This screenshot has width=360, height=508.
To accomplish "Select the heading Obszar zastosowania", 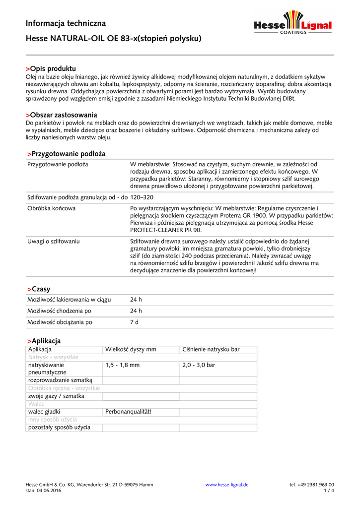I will tap(61, 115).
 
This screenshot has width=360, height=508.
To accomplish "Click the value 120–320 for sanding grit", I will tap(142, 197).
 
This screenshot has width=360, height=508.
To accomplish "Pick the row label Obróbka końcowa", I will tap(52, 208).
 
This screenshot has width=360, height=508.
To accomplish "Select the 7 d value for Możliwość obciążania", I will tap(134, 322).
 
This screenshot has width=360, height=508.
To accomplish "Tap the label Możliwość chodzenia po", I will tap(60, 311).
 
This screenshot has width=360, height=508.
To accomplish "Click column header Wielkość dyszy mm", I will tap(131, 350).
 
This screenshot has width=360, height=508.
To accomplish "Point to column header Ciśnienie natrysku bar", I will tap(211, 350).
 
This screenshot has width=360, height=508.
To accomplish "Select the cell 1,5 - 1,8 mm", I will tap(122, 365).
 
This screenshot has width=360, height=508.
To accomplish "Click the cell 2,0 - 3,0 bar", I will tap(199, 365).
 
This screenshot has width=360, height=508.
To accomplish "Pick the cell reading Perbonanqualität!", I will tap(128, 412).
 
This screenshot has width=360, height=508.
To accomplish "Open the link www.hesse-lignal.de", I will tap(227, 485).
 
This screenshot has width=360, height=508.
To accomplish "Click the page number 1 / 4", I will tap(329, 491).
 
